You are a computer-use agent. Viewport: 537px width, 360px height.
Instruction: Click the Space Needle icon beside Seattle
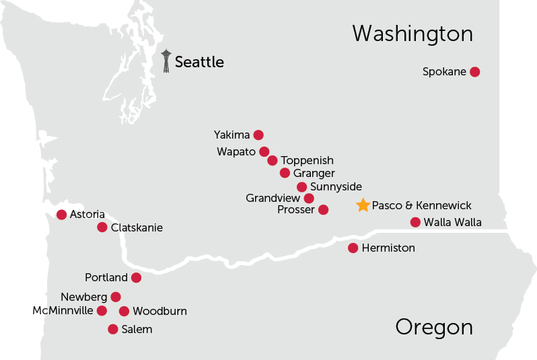click(166, 61)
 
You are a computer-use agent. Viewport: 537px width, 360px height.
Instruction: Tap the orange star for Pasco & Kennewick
click(363, 206)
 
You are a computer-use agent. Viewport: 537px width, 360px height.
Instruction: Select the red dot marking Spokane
click(474, 72)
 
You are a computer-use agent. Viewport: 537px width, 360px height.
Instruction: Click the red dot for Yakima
click(258, 135)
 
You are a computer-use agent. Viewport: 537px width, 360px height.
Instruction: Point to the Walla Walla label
click(452, 223)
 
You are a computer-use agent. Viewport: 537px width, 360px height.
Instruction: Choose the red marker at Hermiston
click(353, 248)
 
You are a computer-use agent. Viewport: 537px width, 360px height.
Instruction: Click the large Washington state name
click(412, 34)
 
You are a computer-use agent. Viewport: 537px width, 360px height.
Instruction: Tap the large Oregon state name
click(433, 328)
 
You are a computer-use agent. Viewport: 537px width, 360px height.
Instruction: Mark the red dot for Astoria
click(62, 215)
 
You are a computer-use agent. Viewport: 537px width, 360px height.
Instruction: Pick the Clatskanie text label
click(137, 228)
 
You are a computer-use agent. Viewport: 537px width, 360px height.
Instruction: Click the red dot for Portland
click(136, 278)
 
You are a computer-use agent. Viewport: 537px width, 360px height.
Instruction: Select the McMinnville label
click(63, 311)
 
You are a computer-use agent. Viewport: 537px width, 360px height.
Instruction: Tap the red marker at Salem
click(113, 330)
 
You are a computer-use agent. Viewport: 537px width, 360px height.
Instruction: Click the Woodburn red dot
click(124, 311)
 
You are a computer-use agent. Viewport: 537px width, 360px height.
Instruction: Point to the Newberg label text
click(83, 297)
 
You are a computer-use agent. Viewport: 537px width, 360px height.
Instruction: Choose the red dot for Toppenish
click(273, 161)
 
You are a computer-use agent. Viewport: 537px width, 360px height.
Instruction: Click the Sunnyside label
click(336, 187)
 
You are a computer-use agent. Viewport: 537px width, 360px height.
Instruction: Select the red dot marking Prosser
click(323, 210)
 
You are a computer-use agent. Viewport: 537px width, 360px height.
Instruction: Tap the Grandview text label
click(273, 199)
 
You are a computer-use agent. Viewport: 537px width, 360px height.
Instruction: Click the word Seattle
click(199, 63)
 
